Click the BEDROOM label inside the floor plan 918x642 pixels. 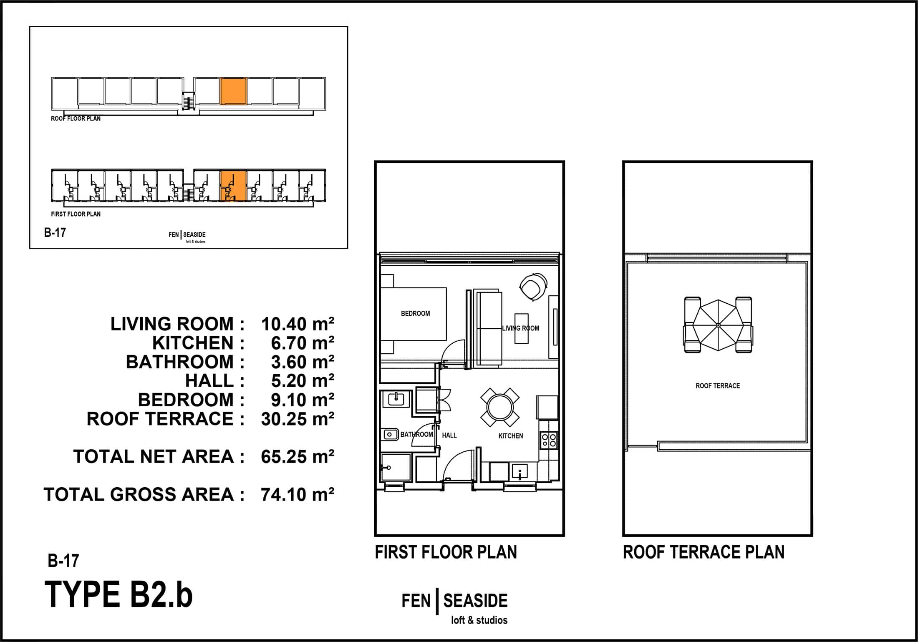[x=415, y=313]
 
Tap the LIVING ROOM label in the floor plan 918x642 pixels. [x=520, y=328]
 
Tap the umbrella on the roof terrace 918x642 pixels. [x=718, y=325]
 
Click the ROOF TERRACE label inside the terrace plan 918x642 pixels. [x=718, y=386]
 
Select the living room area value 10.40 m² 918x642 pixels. [x=298, y=324]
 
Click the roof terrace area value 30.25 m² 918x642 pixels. [x=298, y=419]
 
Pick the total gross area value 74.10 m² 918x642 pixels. [x=298, y=494]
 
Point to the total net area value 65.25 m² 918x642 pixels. [x=298, y=457]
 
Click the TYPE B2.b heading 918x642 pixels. [x=119, y=594]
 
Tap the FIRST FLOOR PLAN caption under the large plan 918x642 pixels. [x=446, y=552]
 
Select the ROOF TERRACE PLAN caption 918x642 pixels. [x=704, y=552]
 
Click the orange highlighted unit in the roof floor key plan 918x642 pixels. [x=233, y=91]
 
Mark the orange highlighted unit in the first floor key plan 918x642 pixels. [x=233, y=186]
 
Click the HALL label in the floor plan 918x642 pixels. [x=449, y=435]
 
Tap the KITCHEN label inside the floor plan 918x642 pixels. [x=511, y=436]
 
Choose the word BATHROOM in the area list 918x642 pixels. [x=179, y=362]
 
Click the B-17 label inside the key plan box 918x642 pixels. [x=55, y=232]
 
